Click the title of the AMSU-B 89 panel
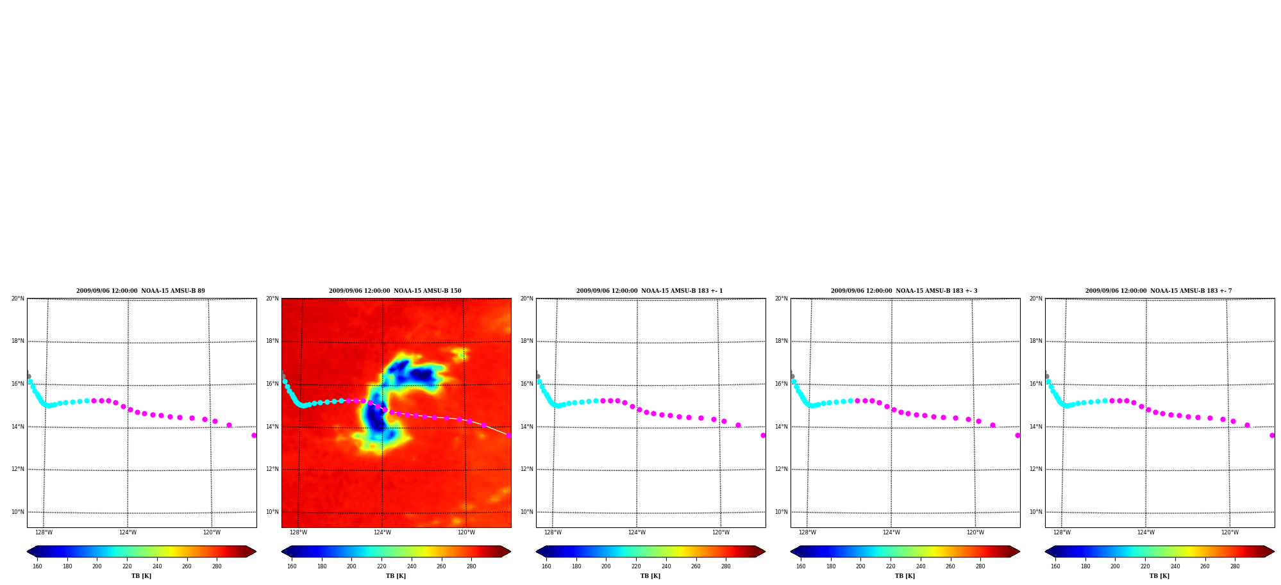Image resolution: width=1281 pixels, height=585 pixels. pyautogui.click(x=140, y=291)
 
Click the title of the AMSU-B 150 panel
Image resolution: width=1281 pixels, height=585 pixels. pyautogui.click(x=395, y=291)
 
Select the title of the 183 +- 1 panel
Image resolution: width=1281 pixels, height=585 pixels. pyautogui.click(x=649, y=291)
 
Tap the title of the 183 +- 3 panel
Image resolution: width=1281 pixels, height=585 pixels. pyautogui.click(x=904, y=291)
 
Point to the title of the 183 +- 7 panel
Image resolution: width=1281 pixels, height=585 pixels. pyautogui.click(x=1159, y=291)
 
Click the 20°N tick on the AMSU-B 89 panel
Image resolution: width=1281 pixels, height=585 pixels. pyautogui.click(x=17, y=299)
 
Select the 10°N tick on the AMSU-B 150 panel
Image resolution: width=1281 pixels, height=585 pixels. pyautogui.click(x=272, y=512)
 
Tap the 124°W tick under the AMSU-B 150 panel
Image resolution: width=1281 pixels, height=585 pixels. pyautogui.click(x=382, y=532)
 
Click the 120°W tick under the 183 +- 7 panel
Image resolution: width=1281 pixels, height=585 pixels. pyautogui.click(x=1230, y=532)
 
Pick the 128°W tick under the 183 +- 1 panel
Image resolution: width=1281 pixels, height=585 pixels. pyautogui.click(x=553, y=532)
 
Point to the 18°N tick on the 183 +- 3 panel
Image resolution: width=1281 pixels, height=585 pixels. pyautogui.click(x=781, y=341)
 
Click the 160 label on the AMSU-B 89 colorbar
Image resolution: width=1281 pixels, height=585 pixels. pyautogui.click(x=37, y=566)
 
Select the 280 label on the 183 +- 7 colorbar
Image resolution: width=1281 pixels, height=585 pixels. pyautogui.click(x=1235, y=566)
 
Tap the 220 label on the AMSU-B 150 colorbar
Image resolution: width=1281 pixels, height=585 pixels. pyautogui.click(x=381, y=566)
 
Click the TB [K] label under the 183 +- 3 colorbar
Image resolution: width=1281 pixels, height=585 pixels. pyautogui.click(x=905, y=576)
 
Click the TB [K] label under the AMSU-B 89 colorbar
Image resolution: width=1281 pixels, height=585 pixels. pyautogui.click(x=141, y=576)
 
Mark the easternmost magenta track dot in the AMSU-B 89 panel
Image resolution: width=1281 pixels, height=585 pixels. pyautogui.click(x=254, y=435)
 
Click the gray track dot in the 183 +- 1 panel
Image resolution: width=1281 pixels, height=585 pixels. pyautogui.click(x=537, y=376)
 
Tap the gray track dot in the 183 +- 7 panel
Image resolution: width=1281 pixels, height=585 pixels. pyautogui.click(x=1046, y=376)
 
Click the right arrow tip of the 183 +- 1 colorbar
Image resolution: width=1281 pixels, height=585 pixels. pyautogui.click(x=765, y=551)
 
